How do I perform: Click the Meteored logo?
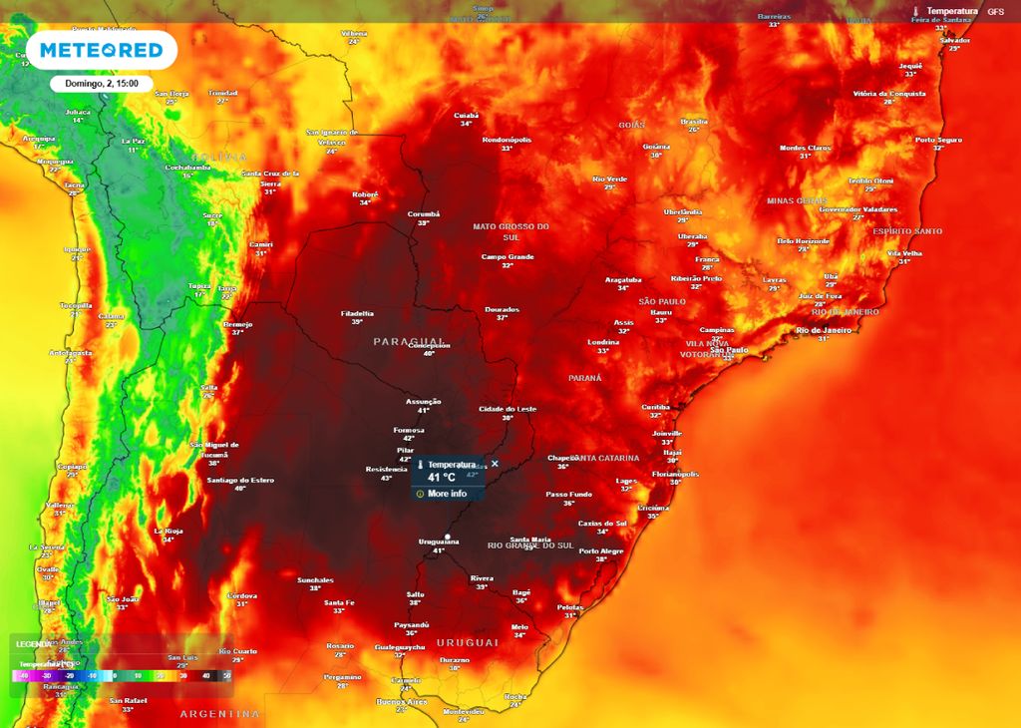point(101,50)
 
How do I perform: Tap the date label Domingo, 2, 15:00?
point(102,84)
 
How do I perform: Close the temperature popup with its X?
point(495,464)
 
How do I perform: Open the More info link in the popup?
point(445,494)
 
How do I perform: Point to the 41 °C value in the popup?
point(442,478)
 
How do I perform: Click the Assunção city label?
point(423,402)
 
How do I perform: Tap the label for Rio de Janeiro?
point(823,330)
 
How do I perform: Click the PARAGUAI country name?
point(409,341)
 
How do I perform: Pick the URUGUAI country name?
point(465,642)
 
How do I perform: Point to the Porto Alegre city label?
point(601,551)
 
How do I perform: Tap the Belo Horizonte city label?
point(803,240)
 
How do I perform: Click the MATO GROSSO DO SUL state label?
point(511,231)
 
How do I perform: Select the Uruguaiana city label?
point(439,542)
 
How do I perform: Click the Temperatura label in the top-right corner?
point(952,11)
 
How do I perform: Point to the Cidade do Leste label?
point(508,409)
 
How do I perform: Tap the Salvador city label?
point(954,40)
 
